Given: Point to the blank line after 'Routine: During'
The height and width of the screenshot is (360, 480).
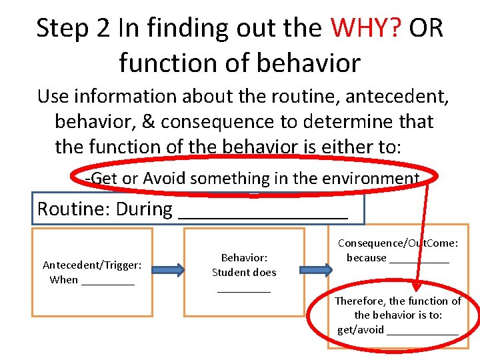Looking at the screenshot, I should coord(263,212).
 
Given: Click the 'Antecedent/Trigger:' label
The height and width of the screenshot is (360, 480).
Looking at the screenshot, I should coord(92,265).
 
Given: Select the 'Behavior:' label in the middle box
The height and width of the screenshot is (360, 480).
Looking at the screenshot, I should coord(244,257).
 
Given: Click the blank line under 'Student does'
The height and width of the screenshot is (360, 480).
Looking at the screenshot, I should coord(244,289).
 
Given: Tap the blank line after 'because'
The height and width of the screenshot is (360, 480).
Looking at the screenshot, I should coord(419,260).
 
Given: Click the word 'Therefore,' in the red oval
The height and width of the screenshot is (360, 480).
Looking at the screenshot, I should coord(359,301).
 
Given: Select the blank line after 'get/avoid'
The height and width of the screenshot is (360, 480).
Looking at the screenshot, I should coord(422,331).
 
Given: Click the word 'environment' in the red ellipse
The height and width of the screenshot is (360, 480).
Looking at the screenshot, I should coord(377,178).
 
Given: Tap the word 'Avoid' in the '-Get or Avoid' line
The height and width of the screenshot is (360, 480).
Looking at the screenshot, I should coord(164,178).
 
